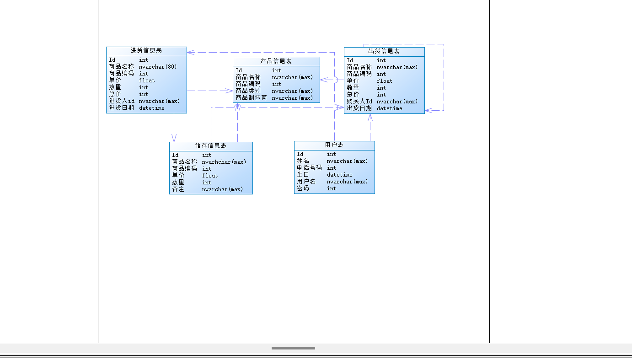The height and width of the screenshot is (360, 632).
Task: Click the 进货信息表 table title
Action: (146, 51)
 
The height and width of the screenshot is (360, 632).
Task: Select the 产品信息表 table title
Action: (276, 61)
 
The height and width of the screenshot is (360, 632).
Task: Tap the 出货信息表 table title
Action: (384, 51)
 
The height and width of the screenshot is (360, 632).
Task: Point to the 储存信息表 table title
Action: (211, 146)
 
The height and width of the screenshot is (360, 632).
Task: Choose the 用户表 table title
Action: (334, 145)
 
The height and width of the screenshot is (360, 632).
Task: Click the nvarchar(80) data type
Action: (158, 67)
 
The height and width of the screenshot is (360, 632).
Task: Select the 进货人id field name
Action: (122, 101)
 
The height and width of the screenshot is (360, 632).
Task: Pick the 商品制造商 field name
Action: (251, 98)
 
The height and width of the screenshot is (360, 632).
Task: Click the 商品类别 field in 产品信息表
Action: (248, 91)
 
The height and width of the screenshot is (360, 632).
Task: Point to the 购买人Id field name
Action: (359, 102)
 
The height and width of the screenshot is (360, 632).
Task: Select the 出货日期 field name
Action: (359, 108)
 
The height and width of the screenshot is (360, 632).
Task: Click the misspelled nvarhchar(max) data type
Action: (224, 162)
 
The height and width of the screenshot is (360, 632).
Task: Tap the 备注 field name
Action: (178, 189)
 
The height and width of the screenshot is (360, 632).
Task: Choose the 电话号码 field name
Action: (310, 168)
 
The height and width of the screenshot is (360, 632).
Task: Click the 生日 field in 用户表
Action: (303, 175)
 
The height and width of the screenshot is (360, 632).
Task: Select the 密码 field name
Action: (303, 188)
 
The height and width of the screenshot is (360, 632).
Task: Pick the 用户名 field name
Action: (306, 182)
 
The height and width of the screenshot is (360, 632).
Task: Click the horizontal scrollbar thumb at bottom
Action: (293, 348)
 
